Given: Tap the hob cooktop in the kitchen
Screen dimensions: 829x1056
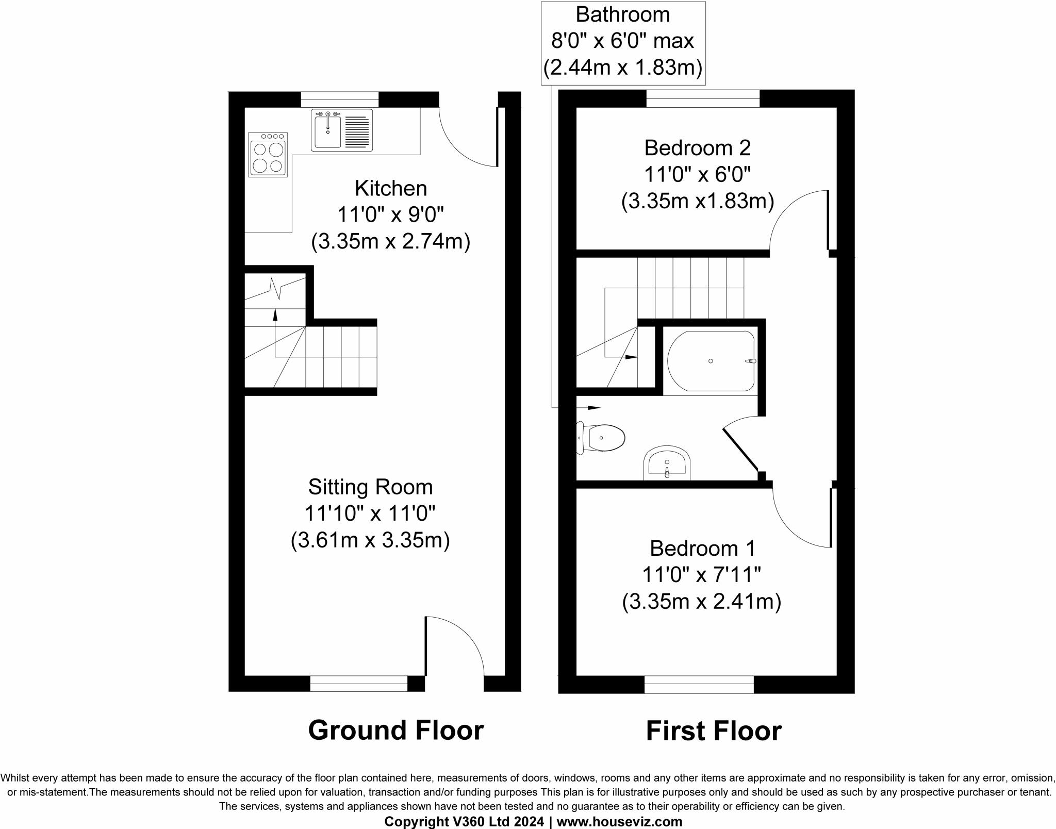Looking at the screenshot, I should point(268,155).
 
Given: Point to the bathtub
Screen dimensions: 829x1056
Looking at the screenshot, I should point(711,361).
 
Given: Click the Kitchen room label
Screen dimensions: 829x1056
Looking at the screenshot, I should point(391,189).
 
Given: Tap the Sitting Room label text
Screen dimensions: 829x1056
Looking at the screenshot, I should point(370,487).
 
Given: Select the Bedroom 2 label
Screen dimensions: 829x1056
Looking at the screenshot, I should point(697,148).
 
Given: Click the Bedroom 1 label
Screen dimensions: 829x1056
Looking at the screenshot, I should point(702,549).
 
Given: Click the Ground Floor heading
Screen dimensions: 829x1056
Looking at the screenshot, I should point(395,731).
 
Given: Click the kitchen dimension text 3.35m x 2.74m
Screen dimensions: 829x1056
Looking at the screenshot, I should point(391,241).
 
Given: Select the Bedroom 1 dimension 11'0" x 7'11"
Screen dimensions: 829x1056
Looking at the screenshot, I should point(701,574).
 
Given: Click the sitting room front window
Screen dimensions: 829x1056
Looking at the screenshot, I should point(359,684).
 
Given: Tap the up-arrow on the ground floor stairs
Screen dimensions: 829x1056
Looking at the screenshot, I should point(275,314).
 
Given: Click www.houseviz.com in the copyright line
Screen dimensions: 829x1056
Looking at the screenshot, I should point(619,822).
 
